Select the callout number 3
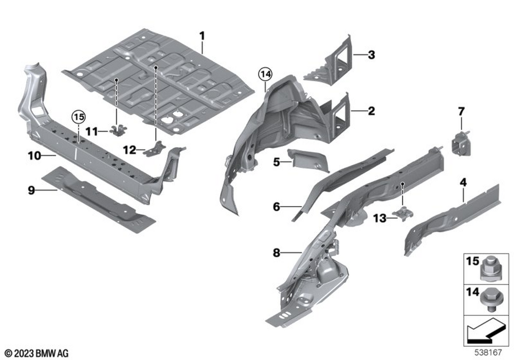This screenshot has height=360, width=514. click(371, 54)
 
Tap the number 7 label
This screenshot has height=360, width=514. click(461, 111)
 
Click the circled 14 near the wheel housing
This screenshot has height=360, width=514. click(264, 75)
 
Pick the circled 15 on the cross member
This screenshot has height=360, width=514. click(78, 118)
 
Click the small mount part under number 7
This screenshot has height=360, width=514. click(461, 142)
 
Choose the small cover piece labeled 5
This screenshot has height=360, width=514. click(308, 160)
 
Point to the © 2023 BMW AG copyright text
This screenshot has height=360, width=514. click(37, 353)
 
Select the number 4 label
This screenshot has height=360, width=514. click(463, 182)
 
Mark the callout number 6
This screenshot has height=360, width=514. click(277, 207)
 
